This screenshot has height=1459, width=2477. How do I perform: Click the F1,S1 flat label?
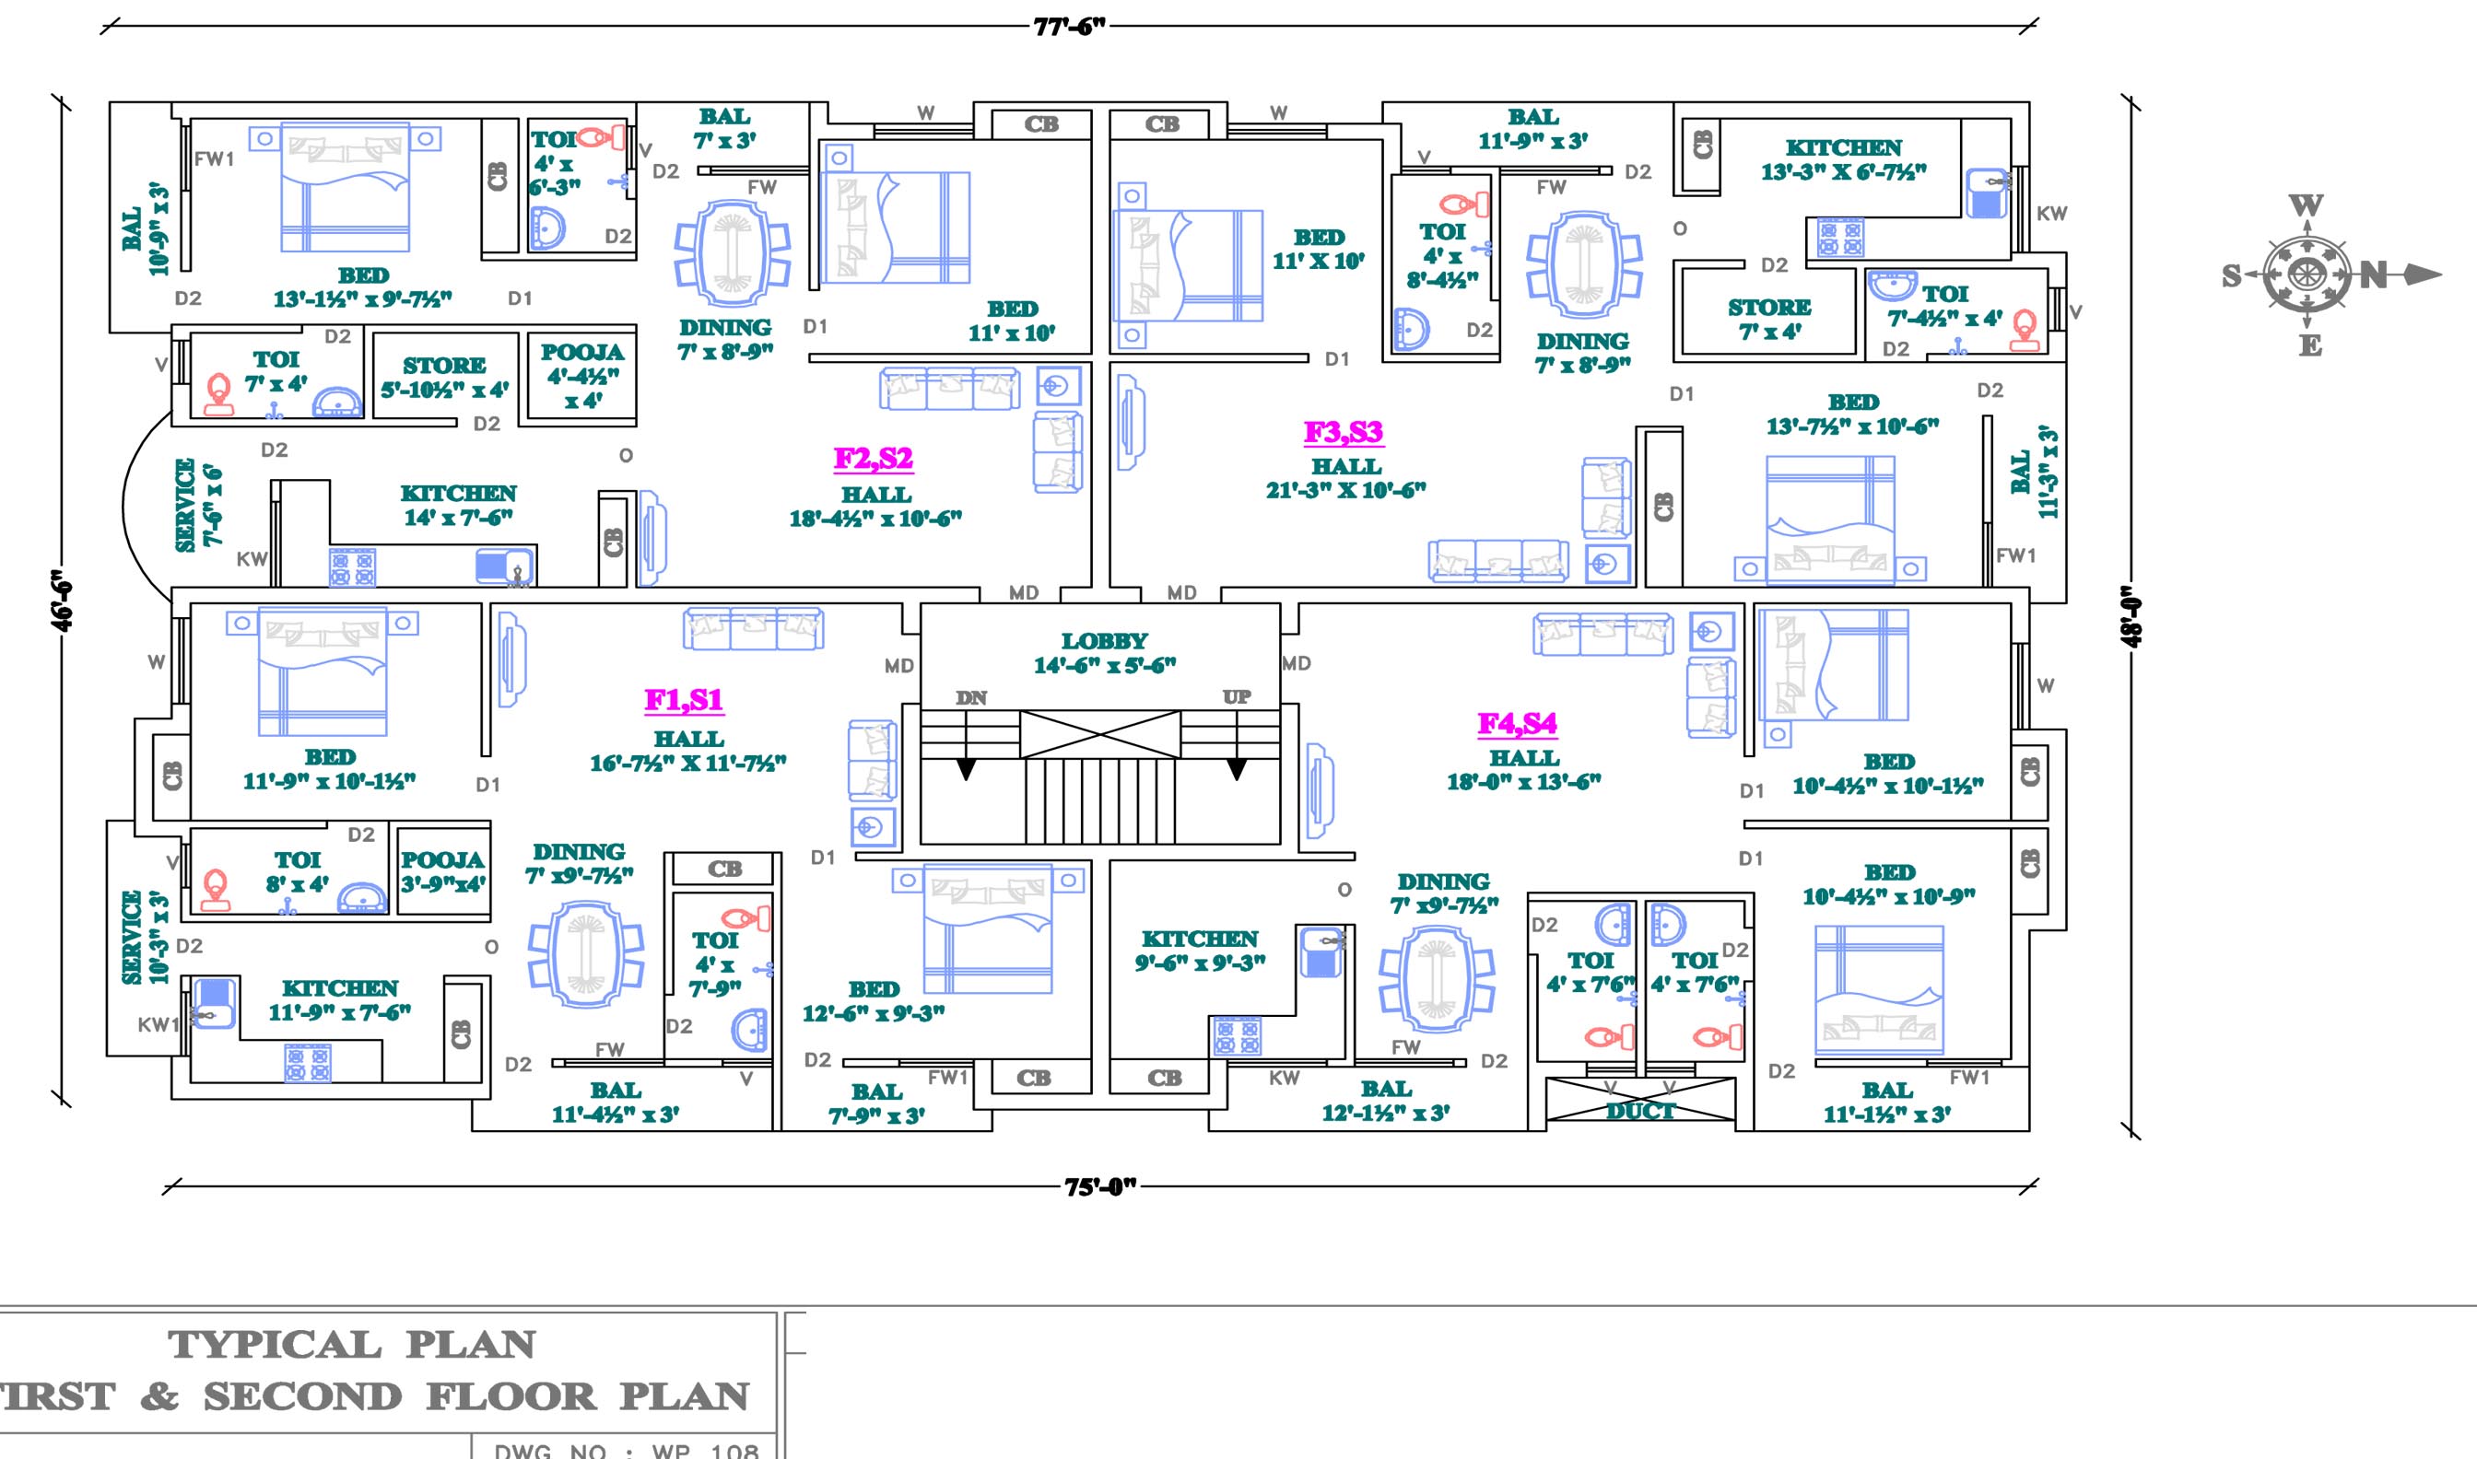[685, 700]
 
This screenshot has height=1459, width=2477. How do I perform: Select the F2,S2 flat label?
[874, 458]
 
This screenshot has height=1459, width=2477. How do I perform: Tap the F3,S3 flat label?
[1344, 432]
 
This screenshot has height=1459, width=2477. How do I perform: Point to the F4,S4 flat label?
[1518, 724]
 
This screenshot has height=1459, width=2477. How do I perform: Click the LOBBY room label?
[1104, 641]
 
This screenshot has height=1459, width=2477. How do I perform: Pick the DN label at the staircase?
[970, 698]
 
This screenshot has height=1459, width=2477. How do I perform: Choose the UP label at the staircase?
[1237, 697]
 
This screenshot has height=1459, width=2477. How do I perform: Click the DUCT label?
[1640, 1111]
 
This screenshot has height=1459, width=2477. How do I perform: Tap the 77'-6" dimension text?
[1069, 27]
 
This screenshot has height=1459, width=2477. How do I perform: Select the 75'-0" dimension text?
[1099, 1186]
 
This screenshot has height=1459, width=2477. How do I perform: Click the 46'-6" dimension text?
[63, 601]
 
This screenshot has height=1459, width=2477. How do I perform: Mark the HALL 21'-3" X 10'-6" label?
[1345, 478]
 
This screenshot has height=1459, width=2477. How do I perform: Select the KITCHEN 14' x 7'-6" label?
[458, 506]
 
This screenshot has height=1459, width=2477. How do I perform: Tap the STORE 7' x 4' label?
[1769, 320]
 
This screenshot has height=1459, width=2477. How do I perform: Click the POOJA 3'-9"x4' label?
[442, 872]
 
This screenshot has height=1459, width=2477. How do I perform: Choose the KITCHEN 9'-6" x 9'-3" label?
[1200, 951]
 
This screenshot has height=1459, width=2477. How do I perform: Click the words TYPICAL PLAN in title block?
[351, 1345]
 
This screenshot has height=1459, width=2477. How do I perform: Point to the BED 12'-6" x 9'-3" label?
[874, 1002]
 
